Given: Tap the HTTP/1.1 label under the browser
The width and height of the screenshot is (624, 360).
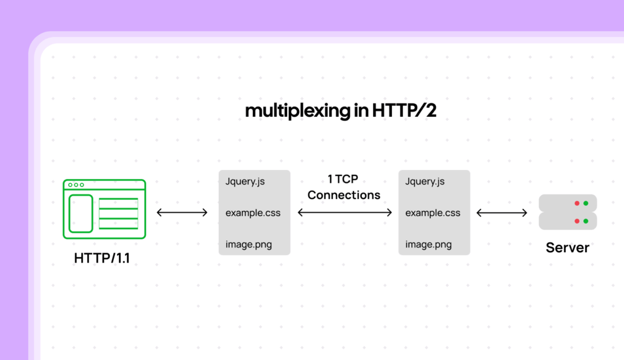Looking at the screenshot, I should pyautogui.click(x=102, y=258).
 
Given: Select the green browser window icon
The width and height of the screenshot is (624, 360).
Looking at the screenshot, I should pyautogui.click(x=104, y=209).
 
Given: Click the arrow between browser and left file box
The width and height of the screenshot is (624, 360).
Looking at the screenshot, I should pyautogui.click(x=182, y=213).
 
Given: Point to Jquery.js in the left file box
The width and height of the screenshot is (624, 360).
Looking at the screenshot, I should pyautogui.click(x=245, y=182).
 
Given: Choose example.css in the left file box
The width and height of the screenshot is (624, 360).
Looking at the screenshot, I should pyautogui.click(x=253, y=213).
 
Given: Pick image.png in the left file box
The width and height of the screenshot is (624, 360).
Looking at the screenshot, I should pyautogui.click(x=249, y=245).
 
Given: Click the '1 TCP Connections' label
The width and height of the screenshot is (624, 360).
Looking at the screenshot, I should pyautogui.click(x=344, y=188).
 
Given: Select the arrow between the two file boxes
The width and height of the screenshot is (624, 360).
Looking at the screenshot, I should pyautogui.click(x=344, y=213).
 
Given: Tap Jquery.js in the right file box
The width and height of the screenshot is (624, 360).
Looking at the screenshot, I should pyautogui.click(x=425, y=182).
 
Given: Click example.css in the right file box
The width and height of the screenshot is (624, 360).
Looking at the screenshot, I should pyautogui.click(x=433, y=213).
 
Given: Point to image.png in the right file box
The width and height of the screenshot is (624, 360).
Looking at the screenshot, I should pyautogui.click(x=428, y=245).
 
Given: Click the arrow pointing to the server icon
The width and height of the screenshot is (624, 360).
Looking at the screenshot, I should pyautogui.click(x=502, y=213).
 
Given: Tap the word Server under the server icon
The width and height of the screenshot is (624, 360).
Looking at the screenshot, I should pyautogui.click(x=567, y=248).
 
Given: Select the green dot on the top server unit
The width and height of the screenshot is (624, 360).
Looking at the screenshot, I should pyautogui.click(x=586, y=203).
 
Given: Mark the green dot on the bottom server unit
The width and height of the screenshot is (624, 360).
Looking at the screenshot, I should pyautogui.click(x=586, y=221).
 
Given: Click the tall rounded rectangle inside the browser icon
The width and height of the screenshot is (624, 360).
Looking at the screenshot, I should pyautogui.click(x=81, y=213).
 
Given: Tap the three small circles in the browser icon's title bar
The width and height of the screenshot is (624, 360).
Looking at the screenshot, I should pyautogui.click(x=76, y=185).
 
